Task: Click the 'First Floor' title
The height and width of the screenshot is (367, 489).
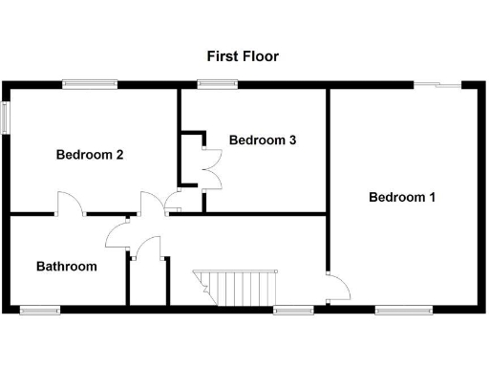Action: click(243, 56)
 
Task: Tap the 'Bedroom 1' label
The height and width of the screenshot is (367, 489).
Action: click(402, 198)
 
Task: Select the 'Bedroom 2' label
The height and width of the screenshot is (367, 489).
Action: click(89, 154)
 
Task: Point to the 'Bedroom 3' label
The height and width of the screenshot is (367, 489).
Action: click(263, 140)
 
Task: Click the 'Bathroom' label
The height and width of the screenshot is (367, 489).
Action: click(67, 267)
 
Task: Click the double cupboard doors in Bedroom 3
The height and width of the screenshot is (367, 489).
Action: click(210, 158)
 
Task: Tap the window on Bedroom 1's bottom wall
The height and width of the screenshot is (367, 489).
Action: click(402, 310)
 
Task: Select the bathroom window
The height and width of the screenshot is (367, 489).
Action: click(39, 310)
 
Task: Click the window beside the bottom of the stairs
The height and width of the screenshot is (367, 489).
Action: click(292, 310)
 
